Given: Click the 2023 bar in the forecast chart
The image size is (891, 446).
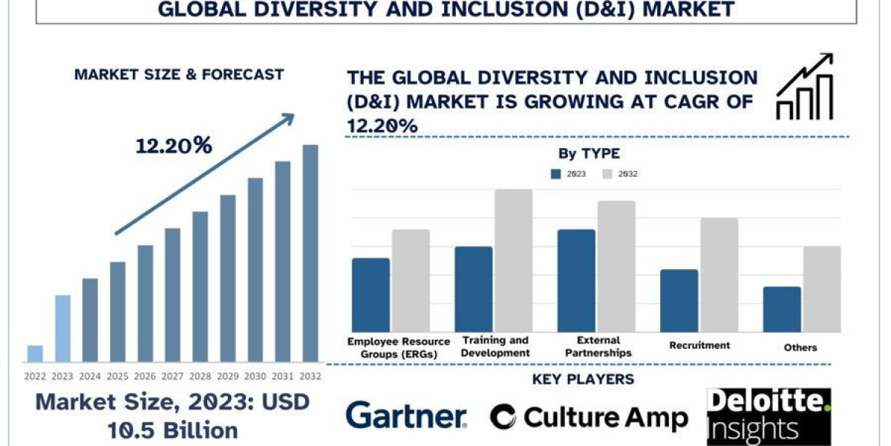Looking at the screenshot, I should point(63,328).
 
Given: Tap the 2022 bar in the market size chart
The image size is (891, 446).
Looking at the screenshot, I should point(35,353).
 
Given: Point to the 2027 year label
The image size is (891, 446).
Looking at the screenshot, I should point(173,376).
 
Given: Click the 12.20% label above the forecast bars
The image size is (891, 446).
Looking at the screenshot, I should point(174,146).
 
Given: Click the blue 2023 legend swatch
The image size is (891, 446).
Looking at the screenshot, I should point(556,174).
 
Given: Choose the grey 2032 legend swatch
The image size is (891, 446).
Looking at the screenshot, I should point(607,174).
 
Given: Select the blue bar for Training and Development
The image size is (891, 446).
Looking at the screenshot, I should point(474,290).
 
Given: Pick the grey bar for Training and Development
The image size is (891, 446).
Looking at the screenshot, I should point(514,261).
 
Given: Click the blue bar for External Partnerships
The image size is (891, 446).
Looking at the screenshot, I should point(576,281).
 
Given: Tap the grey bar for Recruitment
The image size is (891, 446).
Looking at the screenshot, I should point(719,275).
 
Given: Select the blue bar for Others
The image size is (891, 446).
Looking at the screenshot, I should point(782,310).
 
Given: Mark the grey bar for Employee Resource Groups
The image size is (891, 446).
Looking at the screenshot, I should point(411,281).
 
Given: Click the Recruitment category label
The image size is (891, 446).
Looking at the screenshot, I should point(699,346).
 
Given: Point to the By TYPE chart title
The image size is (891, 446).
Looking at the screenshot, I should point(589,154).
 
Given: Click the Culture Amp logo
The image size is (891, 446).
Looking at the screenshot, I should point(589,417).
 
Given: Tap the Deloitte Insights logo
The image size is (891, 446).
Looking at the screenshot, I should point(768,416).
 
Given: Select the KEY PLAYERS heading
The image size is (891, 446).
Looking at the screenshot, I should point(583,380).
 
